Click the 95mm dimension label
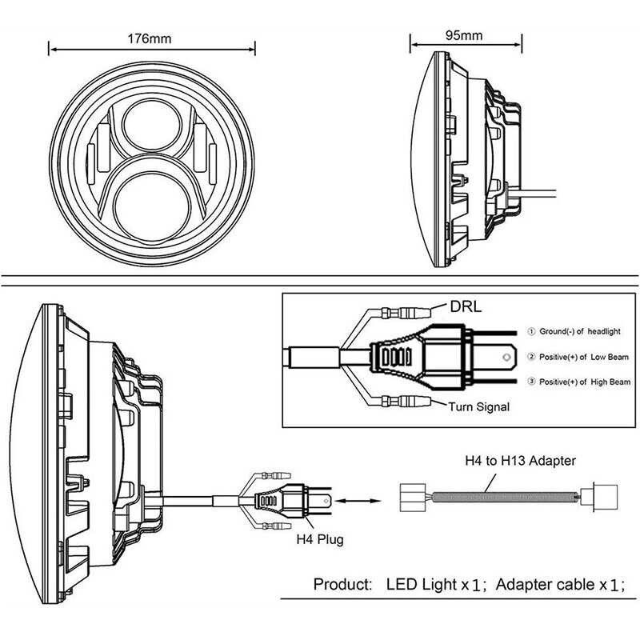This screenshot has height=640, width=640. [x=465, y=35]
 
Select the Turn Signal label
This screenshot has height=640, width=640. [x=478, y=406]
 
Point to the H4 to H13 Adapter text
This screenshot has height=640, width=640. [x=521, y=461]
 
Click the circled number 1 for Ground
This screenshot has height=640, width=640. [x=531, y=330]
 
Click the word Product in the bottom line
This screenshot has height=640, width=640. [x=342, y=584]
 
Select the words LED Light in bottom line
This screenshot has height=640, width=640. [x=421, y=584]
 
